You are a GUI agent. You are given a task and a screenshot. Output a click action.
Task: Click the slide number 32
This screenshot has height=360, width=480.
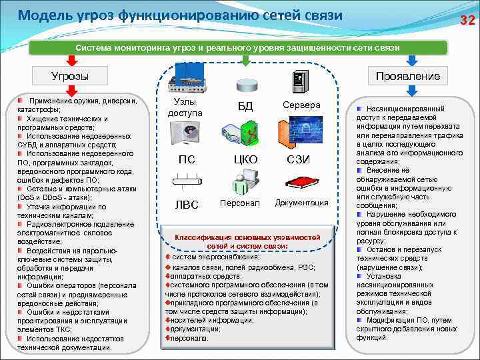click(x=467, y=20)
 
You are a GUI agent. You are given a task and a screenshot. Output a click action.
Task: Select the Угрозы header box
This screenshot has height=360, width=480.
click(x=70, y=76)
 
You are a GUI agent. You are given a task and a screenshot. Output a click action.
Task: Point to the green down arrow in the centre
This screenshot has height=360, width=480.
click(x=245, y=61)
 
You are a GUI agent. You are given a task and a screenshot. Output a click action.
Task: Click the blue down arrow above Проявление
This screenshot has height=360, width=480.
click(x=411, y=60)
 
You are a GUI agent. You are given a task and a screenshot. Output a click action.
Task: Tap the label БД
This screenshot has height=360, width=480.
click(x=245, y=106)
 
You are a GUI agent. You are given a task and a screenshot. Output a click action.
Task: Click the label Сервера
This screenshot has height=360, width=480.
click(x=301, y=105)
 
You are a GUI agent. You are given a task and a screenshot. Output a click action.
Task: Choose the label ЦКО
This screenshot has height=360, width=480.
click(x=245, y=159)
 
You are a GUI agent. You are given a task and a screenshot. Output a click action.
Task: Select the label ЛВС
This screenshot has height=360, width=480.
click(x=187, y=205)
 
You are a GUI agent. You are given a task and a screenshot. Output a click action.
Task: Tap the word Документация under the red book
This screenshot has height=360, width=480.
click(x=301, y=203)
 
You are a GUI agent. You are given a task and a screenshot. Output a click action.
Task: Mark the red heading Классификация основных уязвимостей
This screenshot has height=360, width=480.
click(x=247, y=237)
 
